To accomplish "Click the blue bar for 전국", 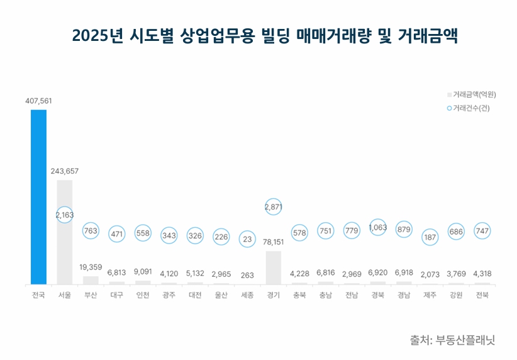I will click(x=38, y=197).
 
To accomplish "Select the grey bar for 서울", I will click(x=65, y=232).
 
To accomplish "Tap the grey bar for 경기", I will click(x=273, y=268).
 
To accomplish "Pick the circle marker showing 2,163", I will click(x=65, y=215).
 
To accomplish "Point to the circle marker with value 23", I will click(x=247, y=239).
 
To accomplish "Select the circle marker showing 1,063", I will click(x=377, y=228).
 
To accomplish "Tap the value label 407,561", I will click(x=38, y=101).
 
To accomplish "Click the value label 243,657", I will click(x=65, y=171).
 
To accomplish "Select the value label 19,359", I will click(x=91, y=267).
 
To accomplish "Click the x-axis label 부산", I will click(x=91, y=295).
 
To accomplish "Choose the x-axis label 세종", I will click(x=247, y=295).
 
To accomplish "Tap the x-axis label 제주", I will click(x=430, y=295).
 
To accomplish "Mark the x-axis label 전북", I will click(x=482, y=295).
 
